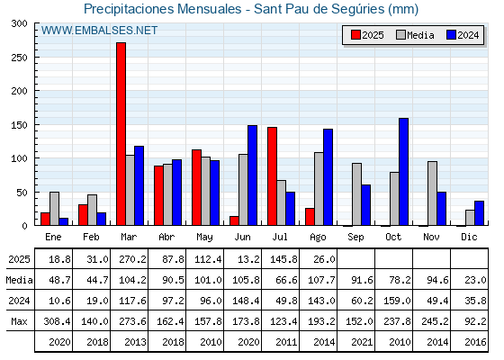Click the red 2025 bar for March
click(121, 134)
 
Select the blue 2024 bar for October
click(404, 172)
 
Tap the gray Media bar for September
click(356, 194)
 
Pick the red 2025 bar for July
click(272, 176)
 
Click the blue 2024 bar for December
click(479, 213)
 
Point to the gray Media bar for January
click(54, 209)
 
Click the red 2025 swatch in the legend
click(355, 35)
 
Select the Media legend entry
click(415, 35)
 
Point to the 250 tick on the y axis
click(34, 58)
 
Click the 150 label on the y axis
click(19, 125)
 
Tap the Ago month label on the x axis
click(318, 238)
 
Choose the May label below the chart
click(204, 238)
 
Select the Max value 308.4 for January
click(57, 321)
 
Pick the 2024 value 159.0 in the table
click(397, 301)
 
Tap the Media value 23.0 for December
click(475, 280)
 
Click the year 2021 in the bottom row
click(362, 342)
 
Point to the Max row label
click(19, 321)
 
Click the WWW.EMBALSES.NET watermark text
click(99, 31)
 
